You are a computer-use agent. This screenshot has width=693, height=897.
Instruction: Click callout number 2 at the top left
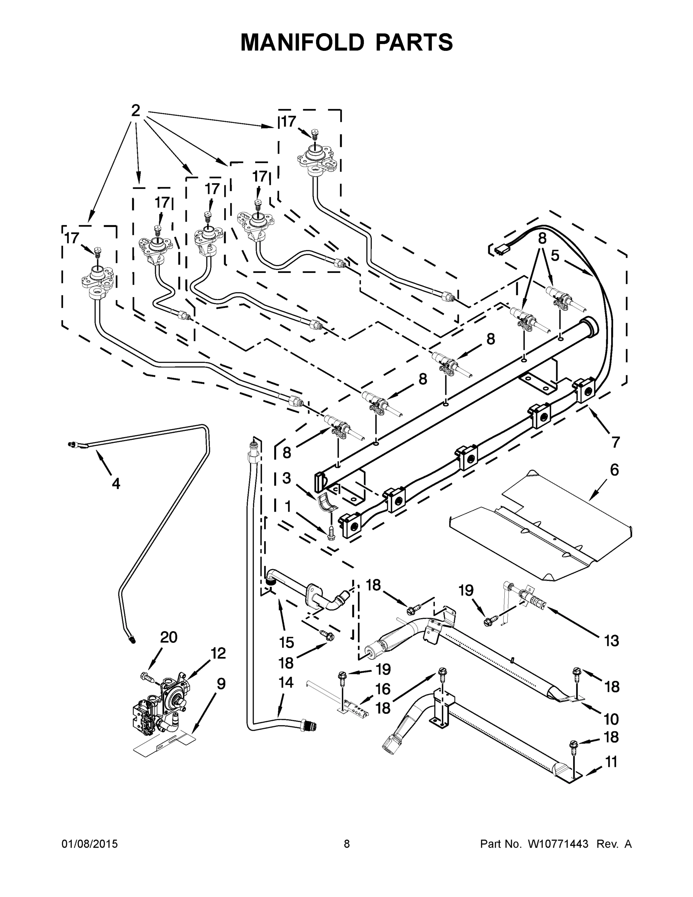[x=136, y=111]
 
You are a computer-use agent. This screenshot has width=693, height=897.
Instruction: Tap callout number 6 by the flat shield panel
[x=614, y=469]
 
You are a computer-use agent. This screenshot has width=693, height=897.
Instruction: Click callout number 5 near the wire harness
[x=555, y=256]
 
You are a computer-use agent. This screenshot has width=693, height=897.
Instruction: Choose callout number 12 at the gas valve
[x=219, y=653]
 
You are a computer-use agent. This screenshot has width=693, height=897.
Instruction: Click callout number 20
[x=168, y=637]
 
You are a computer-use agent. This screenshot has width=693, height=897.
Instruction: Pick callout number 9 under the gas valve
[x=221, y=684]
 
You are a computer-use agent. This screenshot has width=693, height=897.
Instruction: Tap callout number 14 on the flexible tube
[x=286, y=682]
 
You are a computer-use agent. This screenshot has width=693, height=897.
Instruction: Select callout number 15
[x=287, y=642]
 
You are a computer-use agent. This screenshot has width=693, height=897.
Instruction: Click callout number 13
[x=612, y=640]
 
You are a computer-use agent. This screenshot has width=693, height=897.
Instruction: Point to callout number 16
[x=383, y=689]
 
